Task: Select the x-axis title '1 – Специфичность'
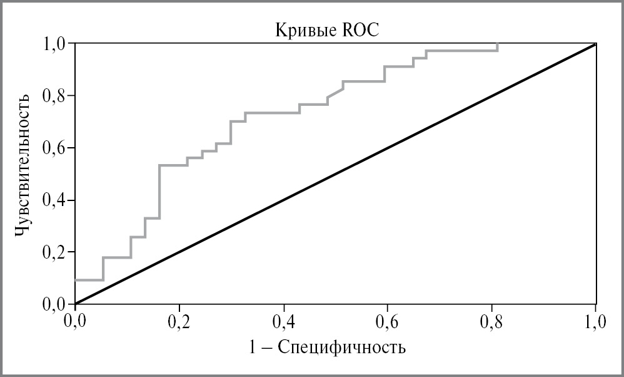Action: click(335, 346)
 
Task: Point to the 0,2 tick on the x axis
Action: click(179, 323)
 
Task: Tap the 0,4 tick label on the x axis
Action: click(283, 323)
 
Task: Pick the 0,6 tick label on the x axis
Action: click(388, 323)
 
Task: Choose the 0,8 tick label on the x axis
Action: click(491, 323)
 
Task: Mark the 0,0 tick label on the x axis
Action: click(75, 323)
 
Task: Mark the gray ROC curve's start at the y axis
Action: click(76, 280)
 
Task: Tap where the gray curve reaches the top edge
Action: click(498, 44)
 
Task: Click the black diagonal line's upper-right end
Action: click(595, 44)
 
